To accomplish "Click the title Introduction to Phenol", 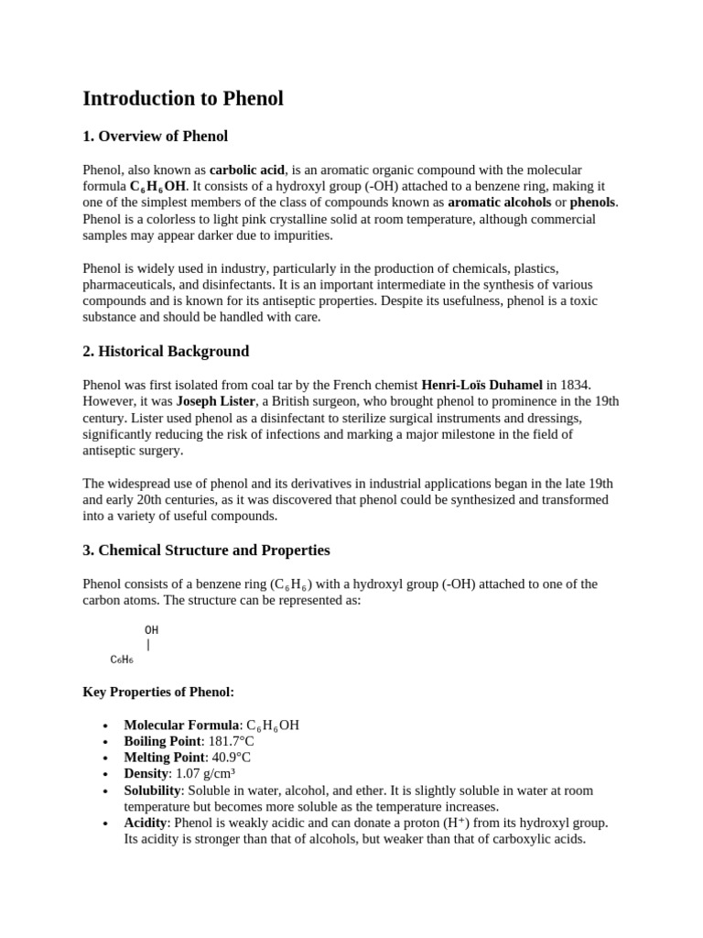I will tap(183, 99).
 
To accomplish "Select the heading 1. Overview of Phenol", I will tap(155, 136).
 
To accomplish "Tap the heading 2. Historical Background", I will tap(166, 352).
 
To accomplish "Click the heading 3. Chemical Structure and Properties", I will tap(206, 551).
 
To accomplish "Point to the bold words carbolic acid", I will tap(247, 170).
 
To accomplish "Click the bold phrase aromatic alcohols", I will tap(500, 202).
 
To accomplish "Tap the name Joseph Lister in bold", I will tap(217, 402).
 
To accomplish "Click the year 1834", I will tap(562, 386).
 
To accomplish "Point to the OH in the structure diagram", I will tap(151, 630).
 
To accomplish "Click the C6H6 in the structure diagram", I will tap(122, 660).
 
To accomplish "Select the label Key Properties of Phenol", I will tap(158, 692).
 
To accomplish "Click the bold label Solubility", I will tap(152, 791).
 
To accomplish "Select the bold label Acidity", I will tap(146, 823).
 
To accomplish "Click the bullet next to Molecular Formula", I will tap(107, 725).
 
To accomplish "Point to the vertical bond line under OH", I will tap(148, 645).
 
